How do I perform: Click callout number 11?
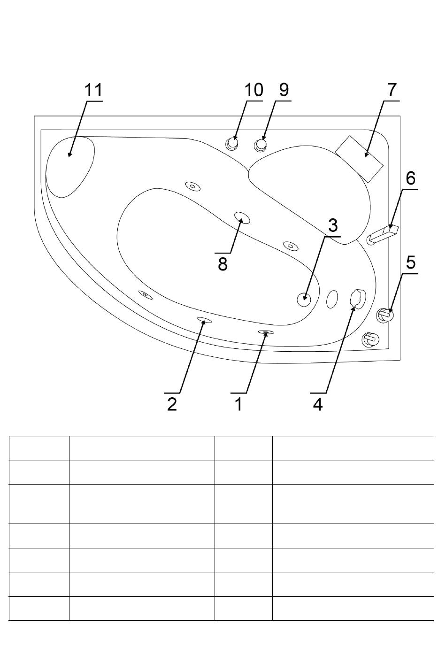(93, 90)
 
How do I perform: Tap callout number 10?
(254, 90)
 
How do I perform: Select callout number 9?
(284, 90)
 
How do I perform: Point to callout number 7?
(392, 90)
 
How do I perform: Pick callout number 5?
(411, 262)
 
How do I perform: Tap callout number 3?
(333, 225)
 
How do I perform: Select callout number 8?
(223, 264)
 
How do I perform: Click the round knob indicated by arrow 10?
(232, 144)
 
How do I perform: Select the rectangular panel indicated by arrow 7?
(359, 159)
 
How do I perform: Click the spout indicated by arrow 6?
(383, 234)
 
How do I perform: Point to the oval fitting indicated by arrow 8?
(242, 218)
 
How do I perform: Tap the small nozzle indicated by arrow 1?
(266, 332)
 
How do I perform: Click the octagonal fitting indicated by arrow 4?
(358, 299)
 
